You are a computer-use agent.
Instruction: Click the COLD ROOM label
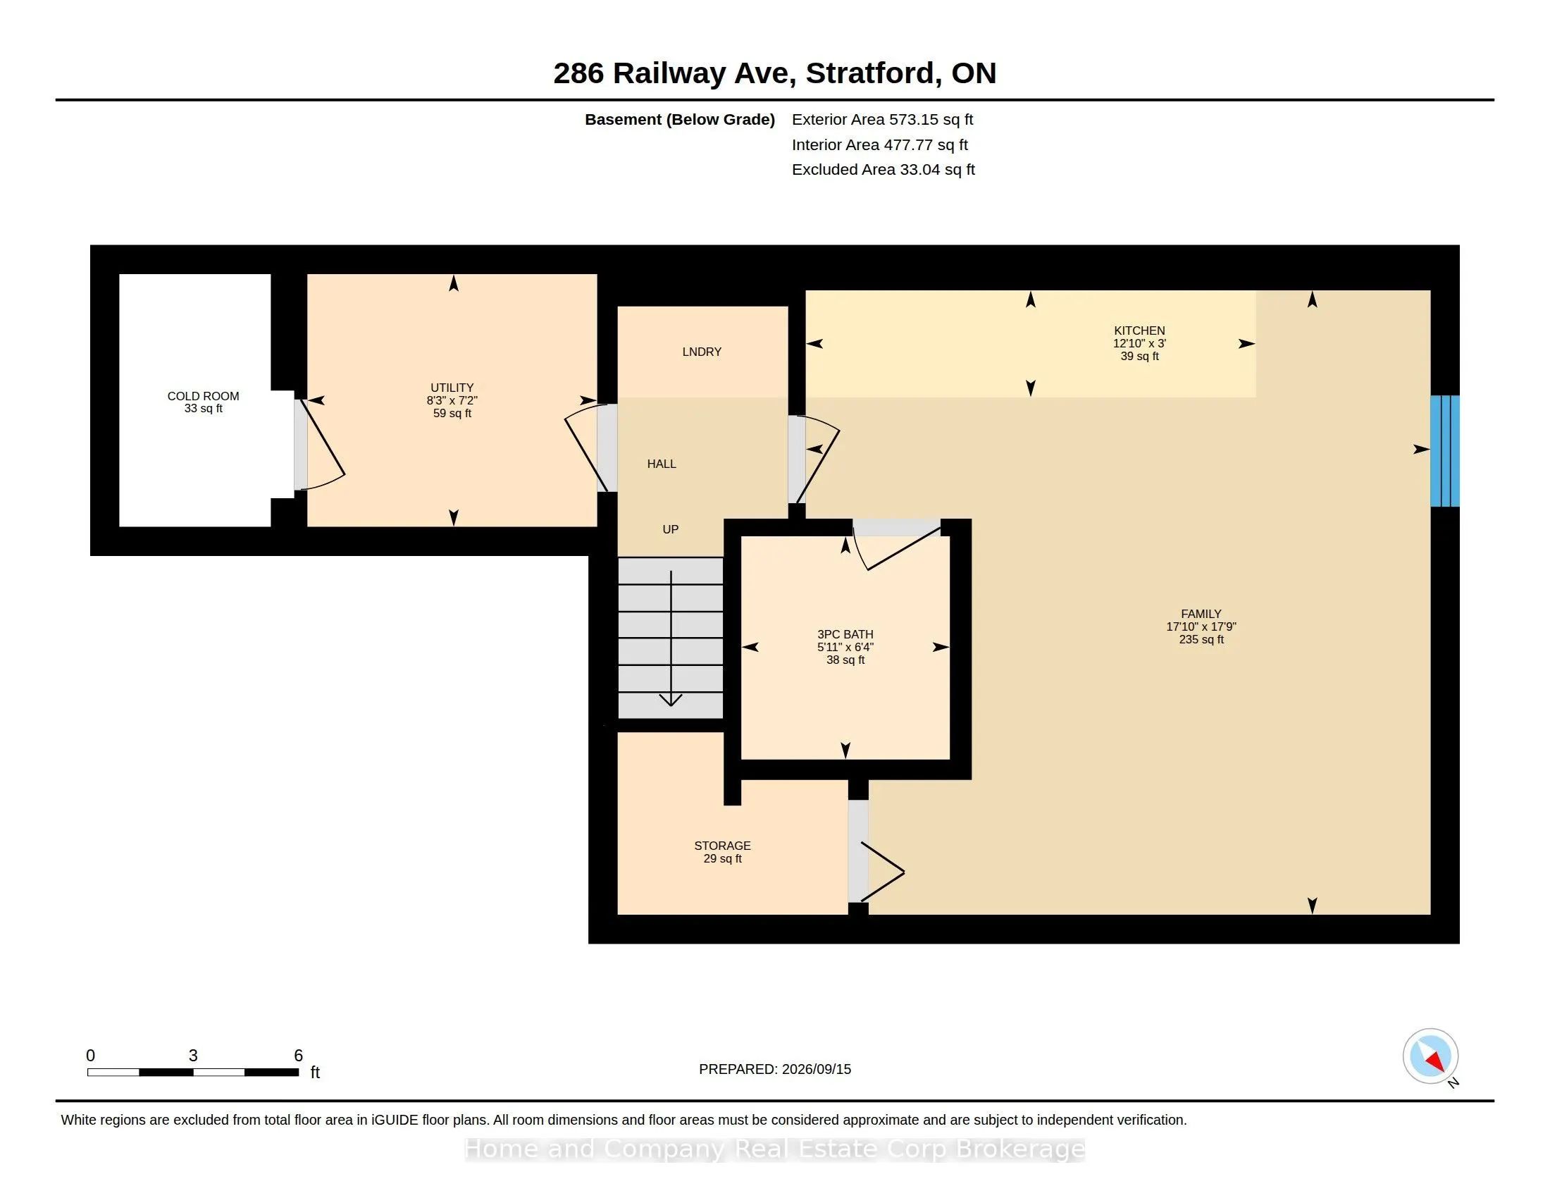tap(203, 396)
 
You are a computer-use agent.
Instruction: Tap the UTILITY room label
tap(452, 388)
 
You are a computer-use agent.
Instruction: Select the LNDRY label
tap(702, 352)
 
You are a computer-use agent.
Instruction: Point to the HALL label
tap(662, 464)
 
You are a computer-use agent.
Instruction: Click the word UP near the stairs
tap(671, 529)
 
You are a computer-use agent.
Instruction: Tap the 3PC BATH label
tap(845, 634)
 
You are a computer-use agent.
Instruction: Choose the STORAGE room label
tap(722, 845)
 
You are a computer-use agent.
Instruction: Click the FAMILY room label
tap(1201, 613)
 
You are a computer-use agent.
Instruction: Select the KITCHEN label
tap(1139, 330)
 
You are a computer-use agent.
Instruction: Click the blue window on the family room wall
tap(1444, 451)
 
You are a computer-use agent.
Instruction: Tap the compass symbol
tap(1430, 1056)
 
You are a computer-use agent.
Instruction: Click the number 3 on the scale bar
tap(193, 1056)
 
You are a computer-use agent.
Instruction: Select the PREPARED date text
tap(775, 1069)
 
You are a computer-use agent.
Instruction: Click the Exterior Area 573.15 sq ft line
tap(882, 119)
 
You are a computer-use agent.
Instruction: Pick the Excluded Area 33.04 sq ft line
tap(883, 169)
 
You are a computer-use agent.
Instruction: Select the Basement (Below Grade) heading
tap(679, 119)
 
